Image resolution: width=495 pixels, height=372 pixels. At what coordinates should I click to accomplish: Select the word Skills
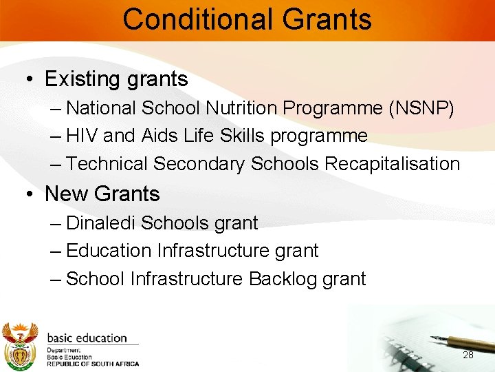click(242, 136)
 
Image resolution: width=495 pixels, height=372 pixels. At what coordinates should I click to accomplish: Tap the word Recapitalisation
click(392, 164)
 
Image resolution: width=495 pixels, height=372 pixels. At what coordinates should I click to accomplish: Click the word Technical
click(107, 164)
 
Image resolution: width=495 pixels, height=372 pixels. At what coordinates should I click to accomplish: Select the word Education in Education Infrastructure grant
click(109, 251)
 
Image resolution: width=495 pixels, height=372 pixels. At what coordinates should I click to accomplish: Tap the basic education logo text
click(87, 338)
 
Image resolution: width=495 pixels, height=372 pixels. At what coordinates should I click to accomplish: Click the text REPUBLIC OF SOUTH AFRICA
click(93, 364)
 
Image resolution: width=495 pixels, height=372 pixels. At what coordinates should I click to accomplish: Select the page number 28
click(468, 355)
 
